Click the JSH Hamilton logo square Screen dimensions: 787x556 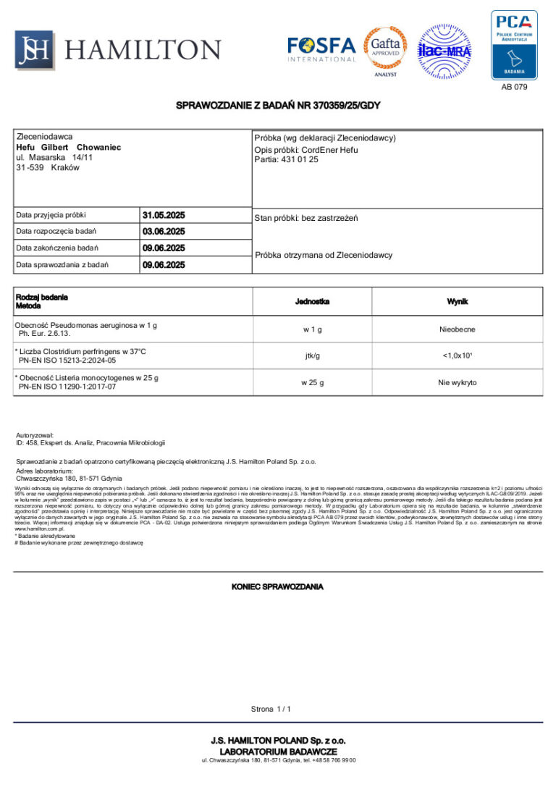(35, 49)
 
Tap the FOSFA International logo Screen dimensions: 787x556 (321, 49)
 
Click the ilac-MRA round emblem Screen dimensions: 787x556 (445, 51)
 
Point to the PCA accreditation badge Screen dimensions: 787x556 (514, 44)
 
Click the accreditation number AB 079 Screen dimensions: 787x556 (514, 87)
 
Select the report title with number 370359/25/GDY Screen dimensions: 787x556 (278, 106)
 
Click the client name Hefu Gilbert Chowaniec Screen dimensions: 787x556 (68, 147)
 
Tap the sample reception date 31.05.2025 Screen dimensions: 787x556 (164, 215)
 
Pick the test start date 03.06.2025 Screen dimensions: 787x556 (164, 232)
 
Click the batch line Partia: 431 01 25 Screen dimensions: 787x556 (286, 159)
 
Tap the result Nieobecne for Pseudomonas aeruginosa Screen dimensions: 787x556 (458, 329)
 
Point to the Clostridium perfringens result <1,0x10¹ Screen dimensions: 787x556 (458, 355)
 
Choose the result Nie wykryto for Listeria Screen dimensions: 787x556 (458, 382)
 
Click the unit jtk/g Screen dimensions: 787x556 (313, 355)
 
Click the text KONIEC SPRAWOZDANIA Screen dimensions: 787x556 (277, 586)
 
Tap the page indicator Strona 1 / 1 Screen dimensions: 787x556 (271, 709)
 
